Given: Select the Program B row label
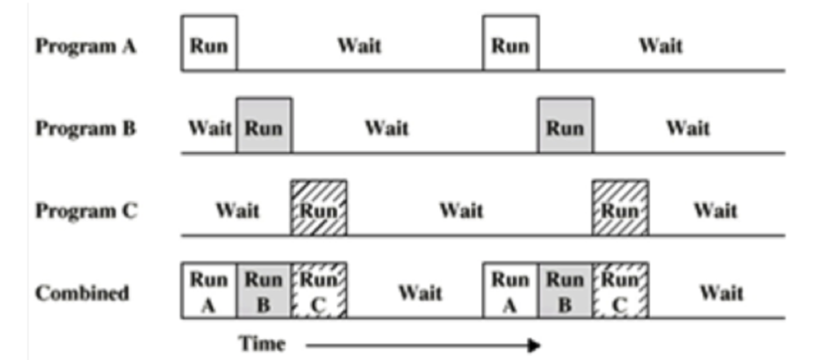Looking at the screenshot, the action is (x=85, y=128).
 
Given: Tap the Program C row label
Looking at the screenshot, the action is (x=85, y=211).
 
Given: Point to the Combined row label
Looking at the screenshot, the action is (x=82, y=294).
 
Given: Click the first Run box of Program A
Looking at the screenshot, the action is (x=209, y=43).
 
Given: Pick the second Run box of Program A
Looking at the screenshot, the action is (x=510, y=43).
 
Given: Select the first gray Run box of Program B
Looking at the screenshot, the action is (x=264, y=127).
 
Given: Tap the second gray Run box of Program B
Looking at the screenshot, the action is (x=566, y=127).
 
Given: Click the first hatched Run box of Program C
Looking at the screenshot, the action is (x=318, y=208).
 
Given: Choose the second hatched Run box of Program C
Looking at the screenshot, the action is (x=620, y=208).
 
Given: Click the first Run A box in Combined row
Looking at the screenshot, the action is (x=209, y=291).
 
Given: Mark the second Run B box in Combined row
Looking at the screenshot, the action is (x=566, y=291).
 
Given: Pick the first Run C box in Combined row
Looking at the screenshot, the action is (x=318, y=291).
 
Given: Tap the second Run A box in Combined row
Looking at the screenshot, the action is (x=510, y=291).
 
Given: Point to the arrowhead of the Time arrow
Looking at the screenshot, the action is (x=534, y=346).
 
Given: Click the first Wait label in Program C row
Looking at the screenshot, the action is (x=238, y=211).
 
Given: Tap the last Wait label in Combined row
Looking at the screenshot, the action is (x=721, y=294).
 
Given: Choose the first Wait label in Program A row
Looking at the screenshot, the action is (x=359, y=45).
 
